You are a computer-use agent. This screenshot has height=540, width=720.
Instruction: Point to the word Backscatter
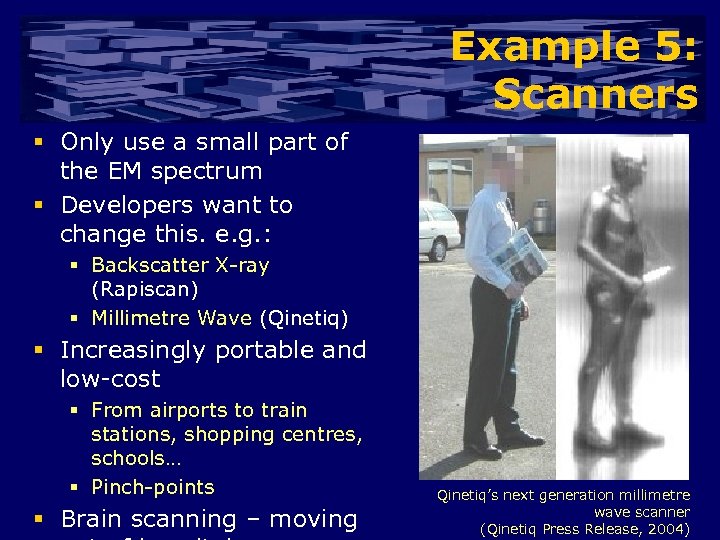[149, 266]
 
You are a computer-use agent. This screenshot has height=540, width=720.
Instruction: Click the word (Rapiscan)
[144, 290]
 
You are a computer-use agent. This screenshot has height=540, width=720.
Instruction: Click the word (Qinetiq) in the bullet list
[304, 319]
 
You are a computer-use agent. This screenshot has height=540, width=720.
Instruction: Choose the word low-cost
[110, 379]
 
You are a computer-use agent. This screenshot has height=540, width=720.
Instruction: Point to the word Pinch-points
[152, 487]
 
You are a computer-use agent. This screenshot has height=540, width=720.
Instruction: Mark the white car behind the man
[437, 228]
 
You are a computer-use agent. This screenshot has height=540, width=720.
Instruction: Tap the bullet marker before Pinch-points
[76, 487]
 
